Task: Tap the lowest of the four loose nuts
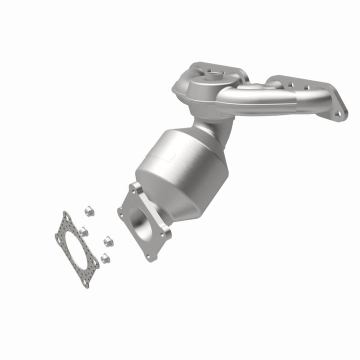(104, 258)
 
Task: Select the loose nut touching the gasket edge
(83, 231)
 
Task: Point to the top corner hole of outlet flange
(135, 189)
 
